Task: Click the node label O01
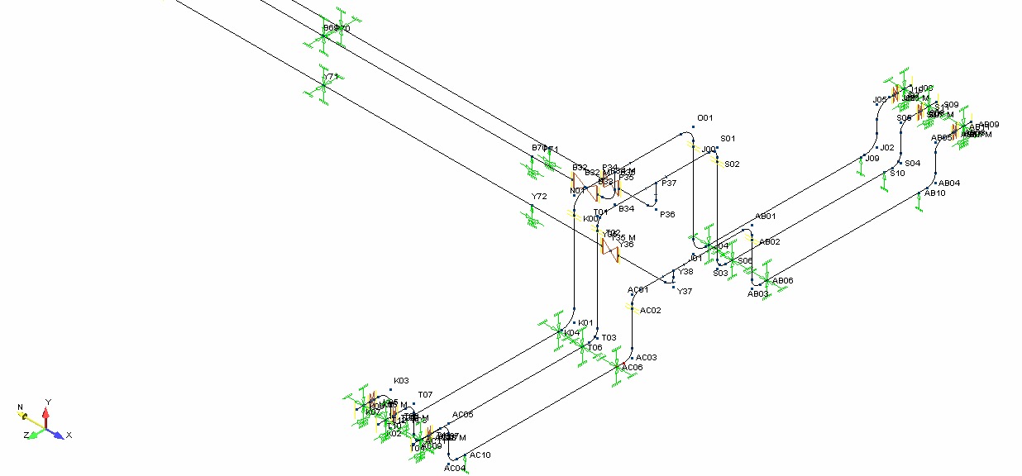point(705,118)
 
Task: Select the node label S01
point(728,139)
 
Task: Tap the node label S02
point(732,164)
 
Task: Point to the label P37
point(668,183)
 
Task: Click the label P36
point(666,215)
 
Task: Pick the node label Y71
point(332,77)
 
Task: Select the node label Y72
point(539,198)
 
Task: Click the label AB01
point(766,217)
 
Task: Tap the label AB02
point(769,242)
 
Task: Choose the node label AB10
point(935,193)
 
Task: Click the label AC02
point(652,311)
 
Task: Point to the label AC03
point(647,358)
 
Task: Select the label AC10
point(480,455)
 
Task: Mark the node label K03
point(401,381)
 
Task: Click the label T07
point(425,395)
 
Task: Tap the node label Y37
point(685,291)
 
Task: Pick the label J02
point(887,148)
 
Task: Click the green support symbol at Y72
point(532,217)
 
